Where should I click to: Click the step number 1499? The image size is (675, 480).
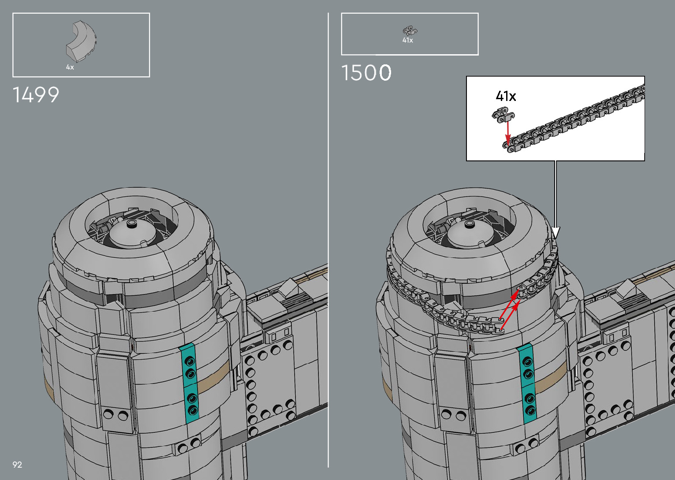[36, 95]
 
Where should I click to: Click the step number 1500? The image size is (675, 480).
[366, 73]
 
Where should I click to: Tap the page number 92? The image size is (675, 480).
[17, 465]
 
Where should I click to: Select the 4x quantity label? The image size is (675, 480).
[70, 67]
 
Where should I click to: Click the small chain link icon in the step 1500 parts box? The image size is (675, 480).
[410, 31]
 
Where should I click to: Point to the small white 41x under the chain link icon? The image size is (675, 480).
[408, 40]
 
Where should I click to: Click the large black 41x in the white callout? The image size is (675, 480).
[506, 96]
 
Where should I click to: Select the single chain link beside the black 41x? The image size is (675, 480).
[503, 115]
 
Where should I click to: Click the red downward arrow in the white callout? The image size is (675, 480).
[508, 133]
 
